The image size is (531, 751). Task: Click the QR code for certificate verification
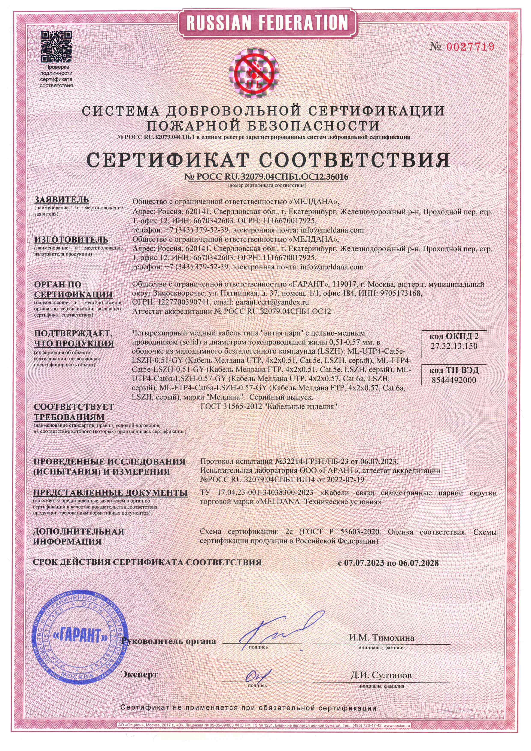(x=56, y=46)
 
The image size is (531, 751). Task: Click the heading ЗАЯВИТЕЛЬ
(x=62, y=200)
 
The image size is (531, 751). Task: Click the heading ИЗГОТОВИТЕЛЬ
(x=71, y=240)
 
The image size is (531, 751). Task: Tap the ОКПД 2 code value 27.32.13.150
(x=454, y=346)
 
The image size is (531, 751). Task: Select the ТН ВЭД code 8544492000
(x=454, y=380)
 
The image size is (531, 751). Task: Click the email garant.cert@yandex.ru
(x=272, y=302)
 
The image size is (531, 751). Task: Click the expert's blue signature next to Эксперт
(x=258, y=675)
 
